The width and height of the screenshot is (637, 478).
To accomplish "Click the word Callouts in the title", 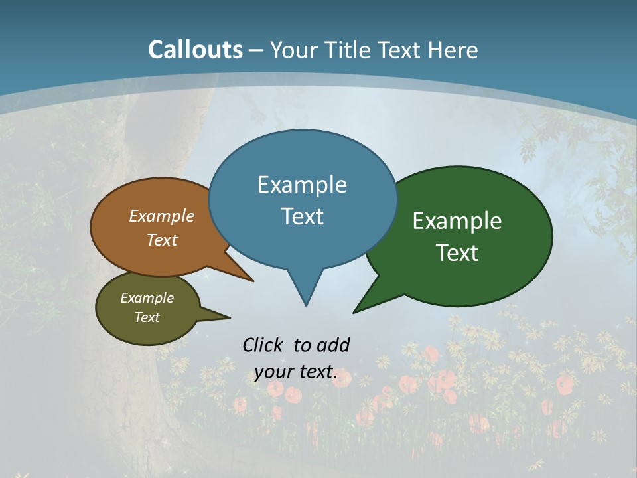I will tap(196, 50).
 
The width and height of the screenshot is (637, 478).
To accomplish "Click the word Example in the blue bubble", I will tap(302, 185).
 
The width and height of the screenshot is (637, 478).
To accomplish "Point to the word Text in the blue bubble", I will tap(302, 216).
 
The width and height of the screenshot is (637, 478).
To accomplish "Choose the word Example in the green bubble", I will tap(457, 221).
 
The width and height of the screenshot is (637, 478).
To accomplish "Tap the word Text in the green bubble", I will tap(457, 253).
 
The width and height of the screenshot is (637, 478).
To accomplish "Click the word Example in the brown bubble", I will tap(162, 216).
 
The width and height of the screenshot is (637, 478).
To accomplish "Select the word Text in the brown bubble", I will tap(162, 240).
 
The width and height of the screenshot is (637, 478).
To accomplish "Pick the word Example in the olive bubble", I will tap(147, 298).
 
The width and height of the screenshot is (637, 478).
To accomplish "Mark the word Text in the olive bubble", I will tap(147, 317).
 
